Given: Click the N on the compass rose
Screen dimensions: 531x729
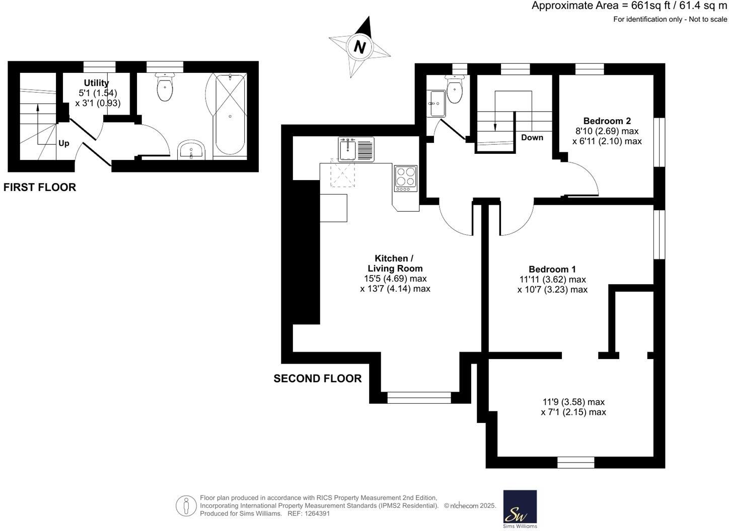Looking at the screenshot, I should coord(359,47).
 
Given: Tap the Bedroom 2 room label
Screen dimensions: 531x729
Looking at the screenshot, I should coord(607,121).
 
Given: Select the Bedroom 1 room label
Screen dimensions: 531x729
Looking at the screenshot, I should coord(552,269).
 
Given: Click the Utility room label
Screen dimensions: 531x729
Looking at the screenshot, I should coord(96,83).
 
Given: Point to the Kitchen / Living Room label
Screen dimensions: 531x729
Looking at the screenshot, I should coord(395,263).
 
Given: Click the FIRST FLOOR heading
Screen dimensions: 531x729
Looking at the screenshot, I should coord(40,187).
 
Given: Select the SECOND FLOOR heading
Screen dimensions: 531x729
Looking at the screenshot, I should coord(317,379).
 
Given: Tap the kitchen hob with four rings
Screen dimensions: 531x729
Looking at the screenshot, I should coord(405,178).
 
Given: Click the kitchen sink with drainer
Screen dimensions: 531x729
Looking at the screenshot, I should coord(356,149).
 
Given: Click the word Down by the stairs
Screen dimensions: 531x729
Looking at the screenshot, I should coord(532,137).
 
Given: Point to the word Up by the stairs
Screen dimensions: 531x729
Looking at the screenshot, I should coord(64,143).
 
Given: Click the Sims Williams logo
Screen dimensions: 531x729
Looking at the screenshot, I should coord(520,509).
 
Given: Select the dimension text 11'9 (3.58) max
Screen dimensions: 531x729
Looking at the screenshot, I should coord(573,402).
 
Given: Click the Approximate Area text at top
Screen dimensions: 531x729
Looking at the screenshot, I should coord(629,6).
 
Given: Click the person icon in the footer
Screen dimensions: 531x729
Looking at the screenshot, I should coord(186,505).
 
